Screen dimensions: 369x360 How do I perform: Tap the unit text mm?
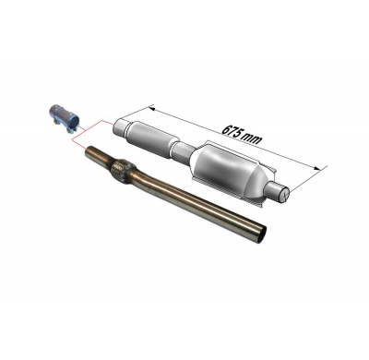[252, 139]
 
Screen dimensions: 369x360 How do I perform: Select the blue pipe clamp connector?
[64, 119]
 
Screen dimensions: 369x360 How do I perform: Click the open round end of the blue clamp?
[73, 124]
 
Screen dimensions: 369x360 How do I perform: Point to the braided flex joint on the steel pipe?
[121, 171]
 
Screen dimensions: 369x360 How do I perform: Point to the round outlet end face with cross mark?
[283, 195]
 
